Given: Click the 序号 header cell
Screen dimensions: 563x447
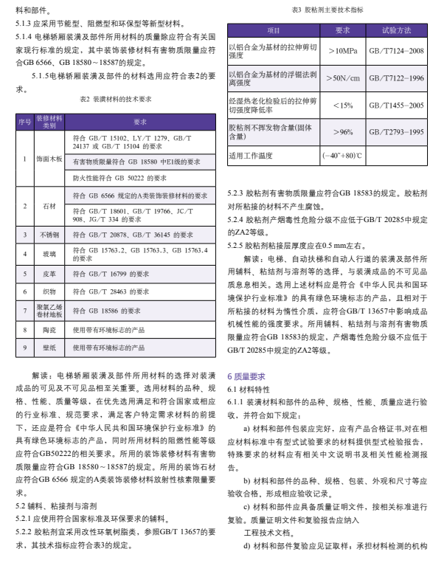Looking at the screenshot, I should point(24,122).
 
